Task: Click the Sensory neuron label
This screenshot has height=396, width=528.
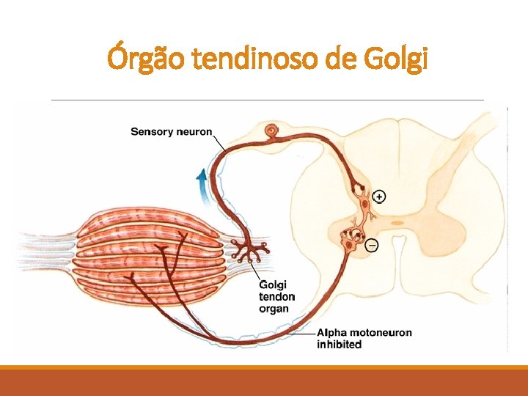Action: tap(171, 132)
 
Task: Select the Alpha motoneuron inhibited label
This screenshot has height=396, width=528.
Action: tap(364, 338)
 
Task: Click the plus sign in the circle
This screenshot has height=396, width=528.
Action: tap(378, 196)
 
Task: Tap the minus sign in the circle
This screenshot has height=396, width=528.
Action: tap(372, 245)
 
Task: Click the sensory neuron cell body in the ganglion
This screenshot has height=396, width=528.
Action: tap(273, 133)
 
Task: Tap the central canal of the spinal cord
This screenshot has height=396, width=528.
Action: tap(396, 222)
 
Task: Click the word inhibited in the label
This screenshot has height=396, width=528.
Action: tap(339, 344)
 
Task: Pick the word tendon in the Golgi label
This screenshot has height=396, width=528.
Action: tap(276, 297)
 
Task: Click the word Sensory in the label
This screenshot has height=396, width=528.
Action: tap(152, 132)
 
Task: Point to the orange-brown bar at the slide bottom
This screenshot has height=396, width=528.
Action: tap(264, 381)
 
